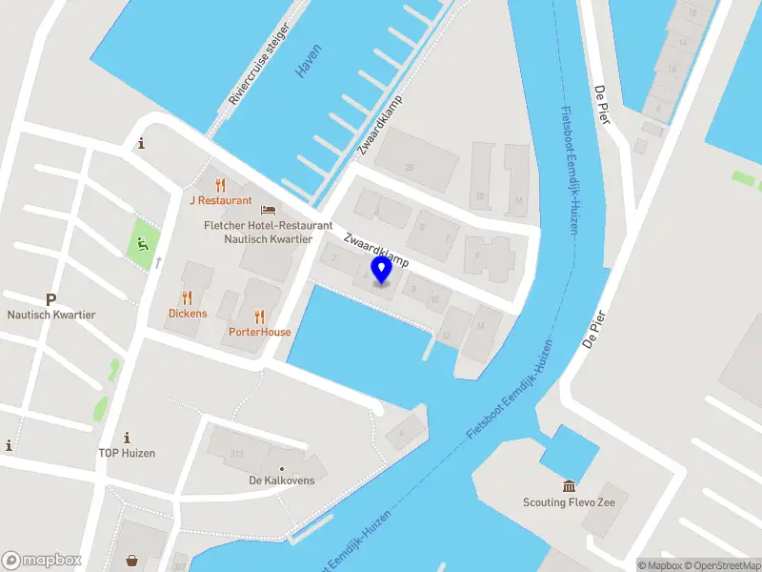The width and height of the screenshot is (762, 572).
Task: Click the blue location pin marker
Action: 381,270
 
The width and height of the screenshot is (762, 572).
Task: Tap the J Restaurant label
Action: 220,200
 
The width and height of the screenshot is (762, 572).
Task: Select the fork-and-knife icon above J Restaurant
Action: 221,184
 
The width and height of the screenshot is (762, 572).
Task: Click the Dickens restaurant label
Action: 187,313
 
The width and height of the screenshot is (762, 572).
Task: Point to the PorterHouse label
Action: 259,332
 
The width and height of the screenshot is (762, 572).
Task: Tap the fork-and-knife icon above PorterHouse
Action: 259,316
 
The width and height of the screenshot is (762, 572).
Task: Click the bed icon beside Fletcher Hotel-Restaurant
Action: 269,210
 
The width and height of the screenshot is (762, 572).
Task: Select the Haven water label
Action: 309,60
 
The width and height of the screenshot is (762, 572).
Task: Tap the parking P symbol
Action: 51,299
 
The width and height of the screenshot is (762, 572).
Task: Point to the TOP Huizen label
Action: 127,453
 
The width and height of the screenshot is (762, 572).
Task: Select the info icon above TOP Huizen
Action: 127,437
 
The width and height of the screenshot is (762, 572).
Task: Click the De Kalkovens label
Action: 282,480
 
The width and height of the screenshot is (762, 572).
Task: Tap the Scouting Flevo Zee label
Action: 570,502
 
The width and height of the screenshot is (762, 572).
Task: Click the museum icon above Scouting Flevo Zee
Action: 570,486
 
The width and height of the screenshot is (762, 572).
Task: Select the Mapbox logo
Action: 42,560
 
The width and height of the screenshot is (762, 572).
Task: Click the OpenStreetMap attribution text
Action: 721,565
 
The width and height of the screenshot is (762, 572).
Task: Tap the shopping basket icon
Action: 132,562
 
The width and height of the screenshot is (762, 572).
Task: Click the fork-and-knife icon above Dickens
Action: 187,296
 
